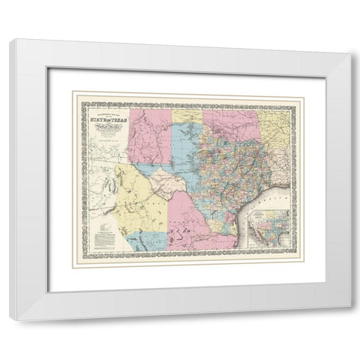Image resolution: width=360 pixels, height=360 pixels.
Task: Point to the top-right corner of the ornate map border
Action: point(292,91)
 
